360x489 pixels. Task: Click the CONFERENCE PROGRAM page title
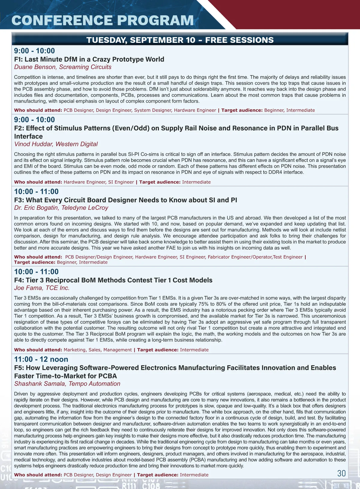(102, 20)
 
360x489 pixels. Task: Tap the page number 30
(341, 473)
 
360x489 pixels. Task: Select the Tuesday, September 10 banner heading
(180, 40)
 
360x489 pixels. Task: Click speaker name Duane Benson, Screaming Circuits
(63, 67)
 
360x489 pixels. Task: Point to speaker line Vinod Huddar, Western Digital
(56, 144)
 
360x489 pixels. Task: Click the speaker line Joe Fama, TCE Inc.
(42, 288)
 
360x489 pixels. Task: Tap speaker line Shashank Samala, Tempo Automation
(67, 384)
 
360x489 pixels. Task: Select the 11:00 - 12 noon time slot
(41, 359)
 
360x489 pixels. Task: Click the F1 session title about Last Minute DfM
(89, 59)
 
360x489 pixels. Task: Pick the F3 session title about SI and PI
(125, 200)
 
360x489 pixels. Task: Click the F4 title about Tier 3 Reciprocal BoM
(113, 280)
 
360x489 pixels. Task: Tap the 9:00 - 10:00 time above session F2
(34, 120)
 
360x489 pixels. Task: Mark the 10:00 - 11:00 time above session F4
(36, 272)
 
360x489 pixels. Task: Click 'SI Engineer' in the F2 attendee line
(121, 182)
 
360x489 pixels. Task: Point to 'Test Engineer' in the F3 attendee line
(288, 257)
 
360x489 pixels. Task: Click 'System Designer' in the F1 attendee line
(153, 110)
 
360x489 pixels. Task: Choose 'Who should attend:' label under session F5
(38, 475)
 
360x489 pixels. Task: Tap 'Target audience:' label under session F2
(160, 182)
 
